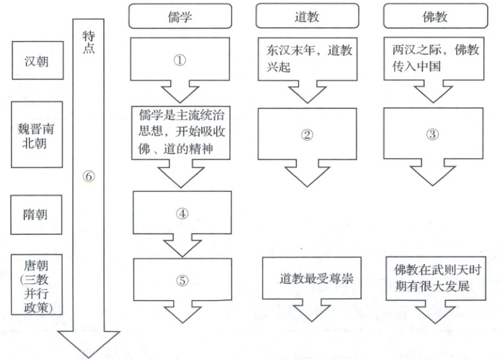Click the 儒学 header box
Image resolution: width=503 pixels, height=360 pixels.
(x=180, y=17)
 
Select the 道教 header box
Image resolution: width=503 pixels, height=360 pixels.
(x=306, y=17)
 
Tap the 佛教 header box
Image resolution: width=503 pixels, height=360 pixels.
(x=434, y=17)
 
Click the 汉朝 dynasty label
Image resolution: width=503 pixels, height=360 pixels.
(x=37, y=63)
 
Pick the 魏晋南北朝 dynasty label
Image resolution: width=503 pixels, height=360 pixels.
(x=37, y=136)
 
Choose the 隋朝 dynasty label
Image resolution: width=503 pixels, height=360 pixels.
(x=37, y=213)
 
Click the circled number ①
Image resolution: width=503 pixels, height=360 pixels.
(x=180, y=59)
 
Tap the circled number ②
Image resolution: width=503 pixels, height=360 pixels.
(x=306, y=135)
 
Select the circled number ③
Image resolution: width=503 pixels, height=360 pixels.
(x=432, y=135)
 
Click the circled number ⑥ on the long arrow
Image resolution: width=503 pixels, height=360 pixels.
(x=90, y=177)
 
